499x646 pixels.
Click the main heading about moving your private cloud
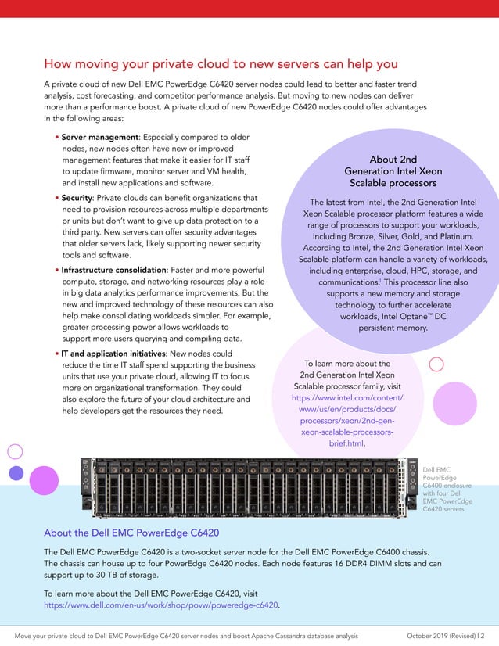(221, 63)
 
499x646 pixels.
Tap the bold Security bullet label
(77, 199)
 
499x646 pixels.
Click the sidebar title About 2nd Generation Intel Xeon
(393, 171)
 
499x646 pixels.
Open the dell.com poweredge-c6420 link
(161, 605)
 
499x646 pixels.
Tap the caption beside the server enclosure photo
(443, 490)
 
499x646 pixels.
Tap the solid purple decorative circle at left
(16, 472)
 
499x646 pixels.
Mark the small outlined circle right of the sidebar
(437, 364)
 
